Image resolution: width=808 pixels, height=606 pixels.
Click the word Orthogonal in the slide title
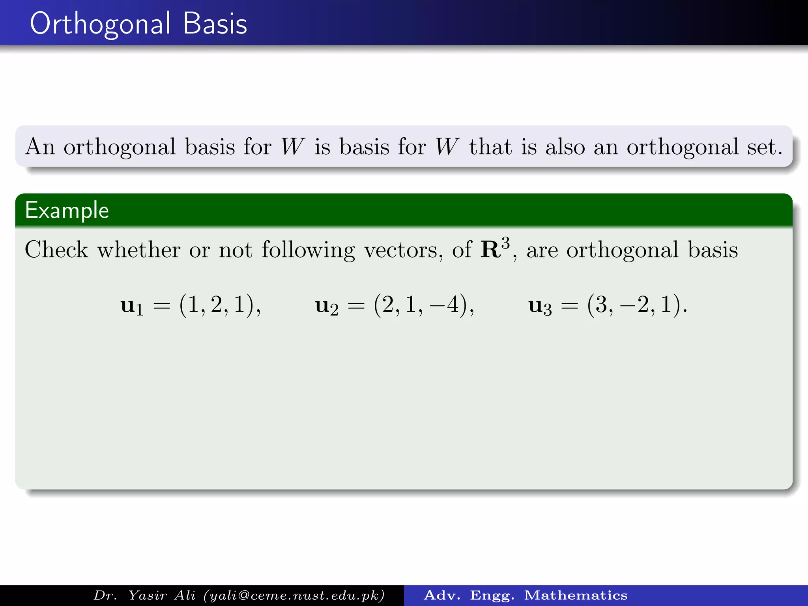pyautogui.click(x=100, y=24)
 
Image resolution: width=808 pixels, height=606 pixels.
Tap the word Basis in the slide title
pyautogui.click(x=215, y=24)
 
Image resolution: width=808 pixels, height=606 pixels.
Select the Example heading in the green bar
pyautogui.click(x=67, y=210)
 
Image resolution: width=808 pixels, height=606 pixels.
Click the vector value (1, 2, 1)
pyautogui.click(x=219, y=305)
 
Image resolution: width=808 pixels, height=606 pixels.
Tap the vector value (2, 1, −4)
pyautogui.click(x=424, y=305)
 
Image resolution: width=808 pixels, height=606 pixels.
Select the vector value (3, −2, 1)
pyautogui.click(x=637, y=305)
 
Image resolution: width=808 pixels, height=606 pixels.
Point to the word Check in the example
pyautogui.click(x=56, y=250)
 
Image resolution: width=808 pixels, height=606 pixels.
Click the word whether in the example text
pyautogui.click(x=139, y=250)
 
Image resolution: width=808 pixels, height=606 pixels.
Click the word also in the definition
pyautogui.click(x=565, y=147)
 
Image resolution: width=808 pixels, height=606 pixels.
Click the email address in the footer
pyautogui.click(x=295, y=595)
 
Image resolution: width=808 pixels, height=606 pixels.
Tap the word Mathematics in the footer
pyautogui.click(x=576, y=595)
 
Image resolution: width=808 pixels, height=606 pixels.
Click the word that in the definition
pyautogui.click(x=491, y=147)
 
